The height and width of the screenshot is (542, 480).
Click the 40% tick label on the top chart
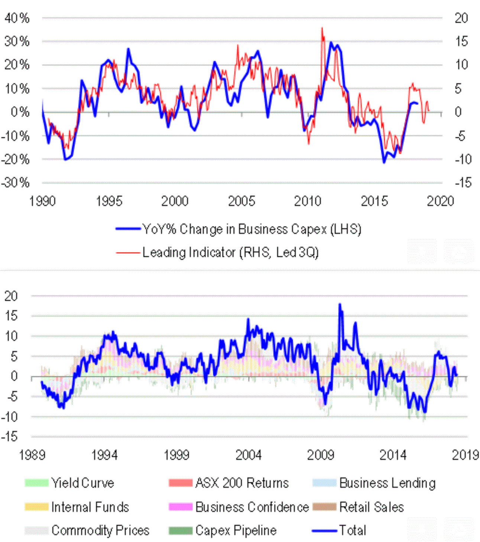coord(17,18)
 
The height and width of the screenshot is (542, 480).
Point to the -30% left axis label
coord(16,183)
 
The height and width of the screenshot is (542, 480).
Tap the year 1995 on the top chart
coord(109,201)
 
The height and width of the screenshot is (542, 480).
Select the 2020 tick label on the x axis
coord(440,201)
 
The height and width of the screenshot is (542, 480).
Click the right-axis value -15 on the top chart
coord(462,183)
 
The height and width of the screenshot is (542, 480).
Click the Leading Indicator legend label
coord(230,252)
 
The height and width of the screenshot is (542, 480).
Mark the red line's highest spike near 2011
coord(322,28)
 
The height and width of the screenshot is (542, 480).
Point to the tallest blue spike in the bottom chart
coord(340,305)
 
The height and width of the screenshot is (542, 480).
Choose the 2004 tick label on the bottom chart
coord(249,455)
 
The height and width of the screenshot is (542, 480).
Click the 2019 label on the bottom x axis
coord(465,455)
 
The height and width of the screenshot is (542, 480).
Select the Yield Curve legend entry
coord(82,483)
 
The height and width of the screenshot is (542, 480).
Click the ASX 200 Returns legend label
coord(242,483)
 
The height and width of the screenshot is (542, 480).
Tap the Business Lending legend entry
coord(387,483)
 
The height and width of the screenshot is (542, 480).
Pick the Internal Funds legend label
coord(90,507)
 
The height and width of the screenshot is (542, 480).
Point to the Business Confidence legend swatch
coord(181,507)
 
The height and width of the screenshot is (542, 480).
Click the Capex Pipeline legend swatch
coord(181,530)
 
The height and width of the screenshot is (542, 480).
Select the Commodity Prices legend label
coord(100,530)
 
